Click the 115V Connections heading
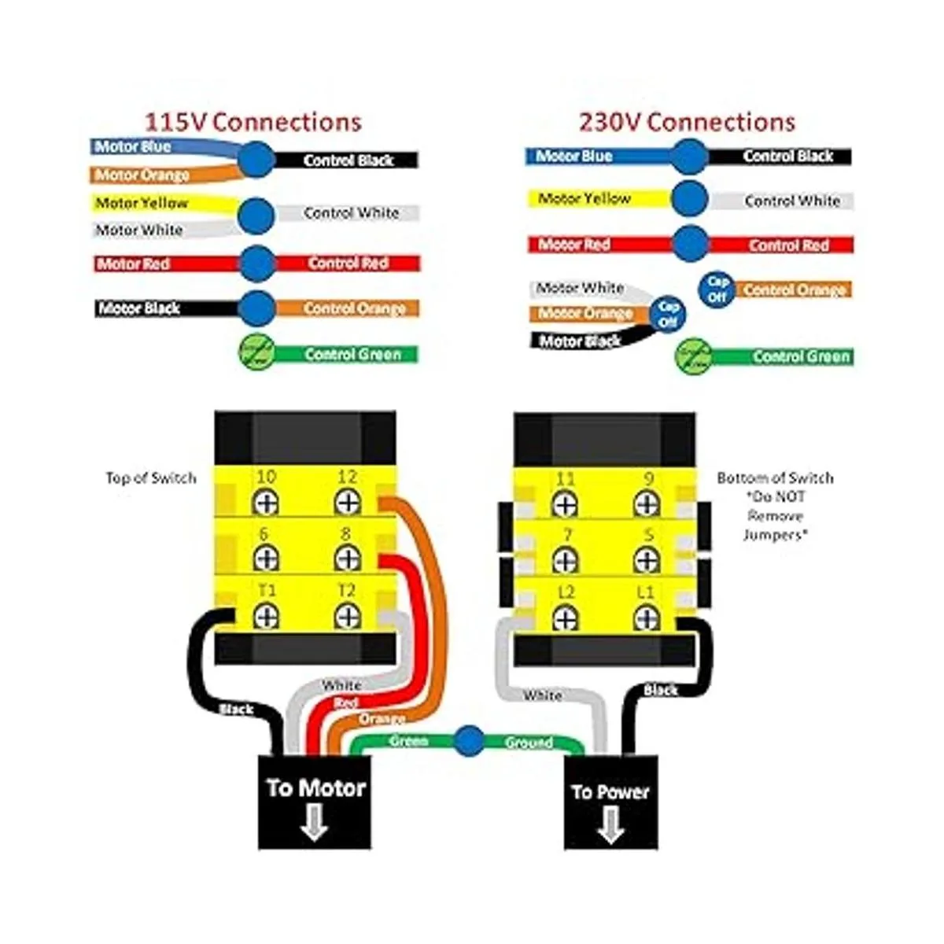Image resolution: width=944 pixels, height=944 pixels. pyautogui.click(x=253, y=122)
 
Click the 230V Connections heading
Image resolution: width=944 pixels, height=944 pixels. pyautogui.click(x=687, y=122)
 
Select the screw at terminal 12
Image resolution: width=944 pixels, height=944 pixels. pyautogui.click(x=347, y=502)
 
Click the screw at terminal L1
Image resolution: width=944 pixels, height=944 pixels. pyautogui.click(x=646, y=618)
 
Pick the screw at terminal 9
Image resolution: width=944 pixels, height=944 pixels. pyautogui.click(x=646, y=503)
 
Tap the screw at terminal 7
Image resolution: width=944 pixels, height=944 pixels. pyautogui.click(x=565, y=560)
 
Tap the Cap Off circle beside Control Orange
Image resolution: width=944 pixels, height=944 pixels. pyautogui.click(x=717, y=289)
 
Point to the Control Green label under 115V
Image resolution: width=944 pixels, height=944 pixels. pyautogui.click(x=352, y=355)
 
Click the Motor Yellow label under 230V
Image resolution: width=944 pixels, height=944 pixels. pyautogui.click(x=584, y=199)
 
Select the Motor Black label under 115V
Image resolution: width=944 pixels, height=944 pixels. pyautogui.click(x=139, y=308)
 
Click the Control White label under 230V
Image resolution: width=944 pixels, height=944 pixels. pyautogui.click(x=792, y=201)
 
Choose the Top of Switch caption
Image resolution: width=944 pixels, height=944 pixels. pyautogui.click(x=151, y=478)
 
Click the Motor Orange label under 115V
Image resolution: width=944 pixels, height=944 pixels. pyautogui.click(x=142, y=175)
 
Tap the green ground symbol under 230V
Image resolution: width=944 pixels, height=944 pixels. pyautogui.click(x=693, y=356)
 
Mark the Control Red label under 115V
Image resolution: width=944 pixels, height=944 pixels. pyautogui.click(x=348, y=264)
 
